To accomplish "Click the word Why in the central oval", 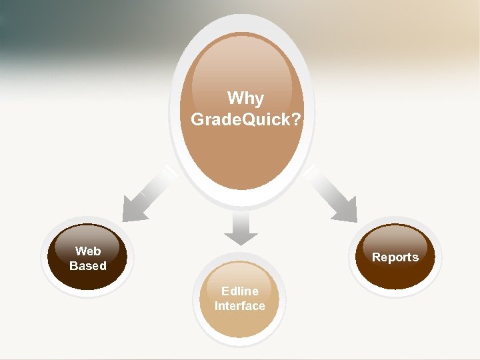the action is click(245, 99).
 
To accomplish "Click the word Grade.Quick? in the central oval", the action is click(245, 119).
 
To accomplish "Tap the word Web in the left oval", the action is click(88, 251).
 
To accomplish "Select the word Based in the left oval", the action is click(88, 266).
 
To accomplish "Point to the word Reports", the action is click(395, 257).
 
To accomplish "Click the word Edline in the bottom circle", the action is click(240, 291).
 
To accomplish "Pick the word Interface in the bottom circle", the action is click(240, 306).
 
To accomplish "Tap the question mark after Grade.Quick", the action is click(295, 120).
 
